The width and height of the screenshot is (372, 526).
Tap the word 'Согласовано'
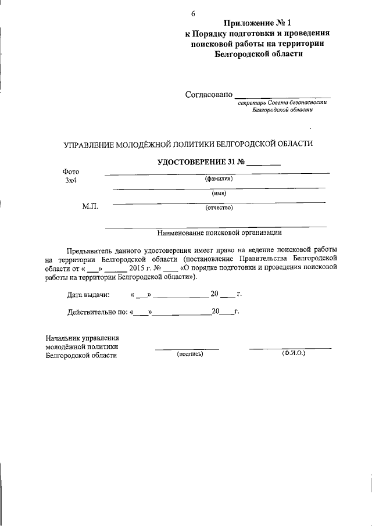click(x=209, y=94)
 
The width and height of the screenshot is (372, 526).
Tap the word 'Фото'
click(x=70, y=172)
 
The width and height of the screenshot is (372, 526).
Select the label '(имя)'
click(x=219, y=194)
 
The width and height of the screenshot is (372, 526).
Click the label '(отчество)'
click(x=219, y=207)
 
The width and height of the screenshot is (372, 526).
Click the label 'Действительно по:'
click(x=97, y=312)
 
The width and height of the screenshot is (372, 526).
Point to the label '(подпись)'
click(x=189, y=353)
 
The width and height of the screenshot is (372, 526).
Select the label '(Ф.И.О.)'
click(x=294, y=353)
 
